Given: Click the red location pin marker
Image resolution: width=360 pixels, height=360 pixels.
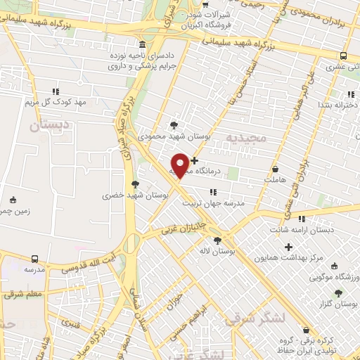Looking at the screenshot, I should click(x=180, y=165).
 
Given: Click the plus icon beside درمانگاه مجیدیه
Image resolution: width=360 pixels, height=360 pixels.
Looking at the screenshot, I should click(x=195, y=161).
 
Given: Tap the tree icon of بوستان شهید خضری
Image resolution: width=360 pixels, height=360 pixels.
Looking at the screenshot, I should click(x=135, y=184).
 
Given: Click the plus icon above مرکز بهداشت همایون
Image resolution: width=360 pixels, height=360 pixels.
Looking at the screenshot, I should click(x=288, y=247).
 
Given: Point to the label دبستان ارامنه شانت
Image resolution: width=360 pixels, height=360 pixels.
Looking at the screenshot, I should click(x=302, y=230).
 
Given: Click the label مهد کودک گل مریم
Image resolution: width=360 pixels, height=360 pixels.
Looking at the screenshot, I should click(x=56, y=102).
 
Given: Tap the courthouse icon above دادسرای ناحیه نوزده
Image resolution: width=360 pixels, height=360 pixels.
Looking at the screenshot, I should click(x=143, y=44).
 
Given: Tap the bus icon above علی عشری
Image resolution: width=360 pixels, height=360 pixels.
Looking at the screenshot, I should click(x=343, y=56).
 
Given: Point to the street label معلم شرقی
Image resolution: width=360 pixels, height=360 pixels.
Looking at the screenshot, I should click(x=22, y=293).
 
